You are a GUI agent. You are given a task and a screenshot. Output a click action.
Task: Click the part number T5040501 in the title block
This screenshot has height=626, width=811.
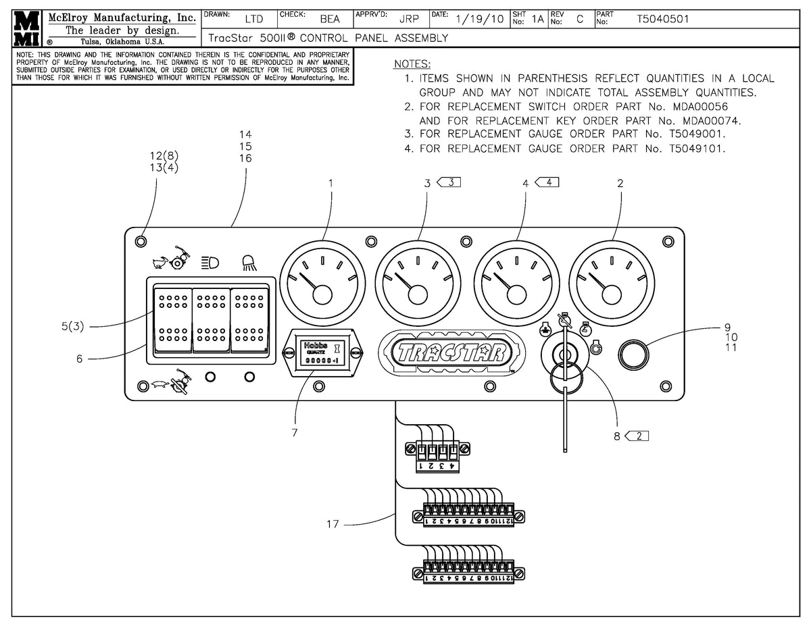point(662,19)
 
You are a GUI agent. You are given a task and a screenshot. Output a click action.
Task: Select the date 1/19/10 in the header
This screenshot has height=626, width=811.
point(480,19)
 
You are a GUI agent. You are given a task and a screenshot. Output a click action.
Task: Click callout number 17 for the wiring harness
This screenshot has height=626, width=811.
point(333,524)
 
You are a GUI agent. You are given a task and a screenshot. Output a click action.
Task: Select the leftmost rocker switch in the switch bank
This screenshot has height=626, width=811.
point(172,317)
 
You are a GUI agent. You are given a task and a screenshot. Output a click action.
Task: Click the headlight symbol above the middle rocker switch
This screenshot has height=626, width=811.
point(210,263)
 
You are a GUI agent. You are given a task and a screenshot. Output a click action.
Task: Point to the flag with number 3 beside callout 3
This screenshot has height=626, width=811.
point(450,182)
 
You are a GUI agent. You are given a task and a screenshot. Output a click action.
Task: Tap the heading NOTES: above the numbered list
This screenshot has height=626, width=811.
point(412,64)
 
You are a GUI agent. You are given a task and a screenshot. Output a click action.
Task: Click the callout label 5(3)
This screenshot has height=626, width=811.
point(72,327)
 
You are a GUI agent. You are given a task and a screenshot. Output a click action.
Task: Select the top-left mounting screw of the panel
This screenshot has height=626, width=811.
point(141,241)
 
